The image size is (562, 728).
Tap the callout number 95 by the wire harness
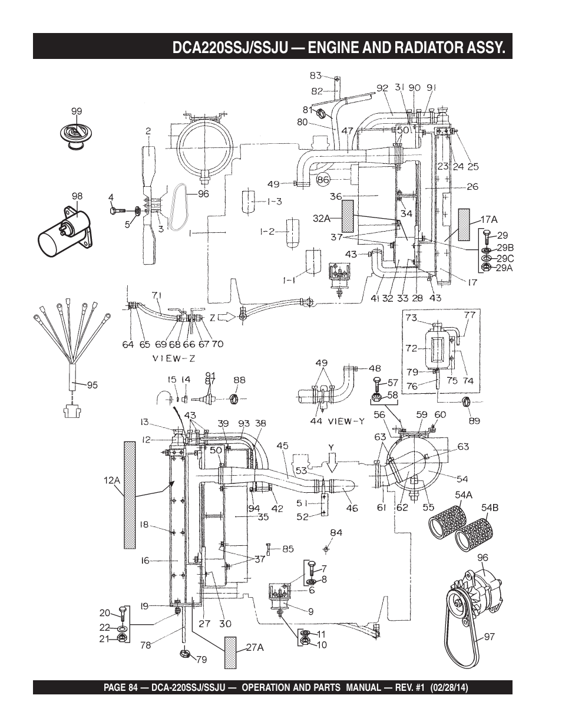(x=92, y=385)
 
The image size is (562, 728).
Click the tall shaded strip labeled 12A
(x=130, y=495)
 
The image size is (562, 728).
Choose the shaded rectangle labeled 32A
(x=348, y=216)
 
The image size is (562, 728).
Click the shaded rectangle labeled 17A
(x=464, y=225)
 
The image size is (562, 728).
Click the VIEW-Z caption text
(x=174, y=358)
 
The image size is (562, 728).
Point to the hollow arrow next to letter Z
(x=227, y=317)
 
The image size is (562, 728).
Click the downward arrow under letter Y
(x=331, y=463)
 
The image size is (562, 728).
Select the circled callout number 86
(x=323, y=180)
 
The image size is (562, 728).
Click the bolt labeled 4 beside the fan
(x=117, y=210)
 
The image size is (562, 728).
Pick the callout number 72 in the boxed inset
(x=412, y=348)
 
